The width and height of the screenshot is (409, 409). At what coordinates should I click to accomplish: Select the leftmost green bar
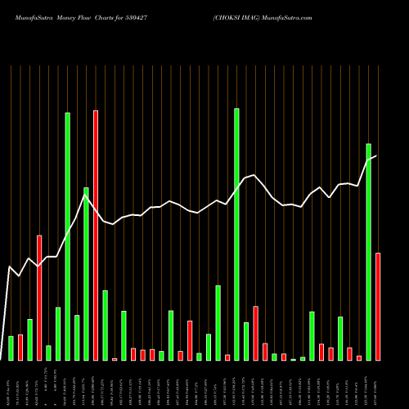(11, 348)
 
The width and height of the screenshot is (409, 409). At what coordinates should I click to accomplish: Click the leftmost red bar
(20, 347)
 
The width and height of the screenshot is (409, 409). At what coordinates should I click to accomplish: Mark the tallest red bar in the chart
(96, 236)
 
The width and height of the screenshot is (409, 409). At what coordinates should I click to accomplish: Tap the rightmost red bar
(378, 307)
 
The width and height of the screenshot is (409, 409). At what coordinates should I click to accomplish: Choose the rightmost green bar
(368, 252)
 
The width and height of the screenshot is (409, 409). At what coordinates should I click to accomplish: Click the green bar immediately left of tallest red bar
(86, 274)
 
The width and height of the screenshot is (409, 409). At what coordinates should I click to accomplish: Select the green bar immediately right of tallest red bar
(105, 326)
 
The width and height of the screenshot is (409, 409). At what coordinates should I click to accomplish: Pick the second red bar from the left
(39, 298)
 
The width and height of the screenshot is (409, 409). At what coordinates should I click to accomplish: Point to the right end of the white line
(376, 155)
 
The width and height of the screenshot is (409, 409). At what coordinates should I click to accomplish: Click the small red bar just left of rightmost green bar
(359, 357)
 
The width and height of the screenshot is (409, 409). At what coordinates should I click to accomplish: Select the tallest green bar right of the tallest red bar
(236, 235)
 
